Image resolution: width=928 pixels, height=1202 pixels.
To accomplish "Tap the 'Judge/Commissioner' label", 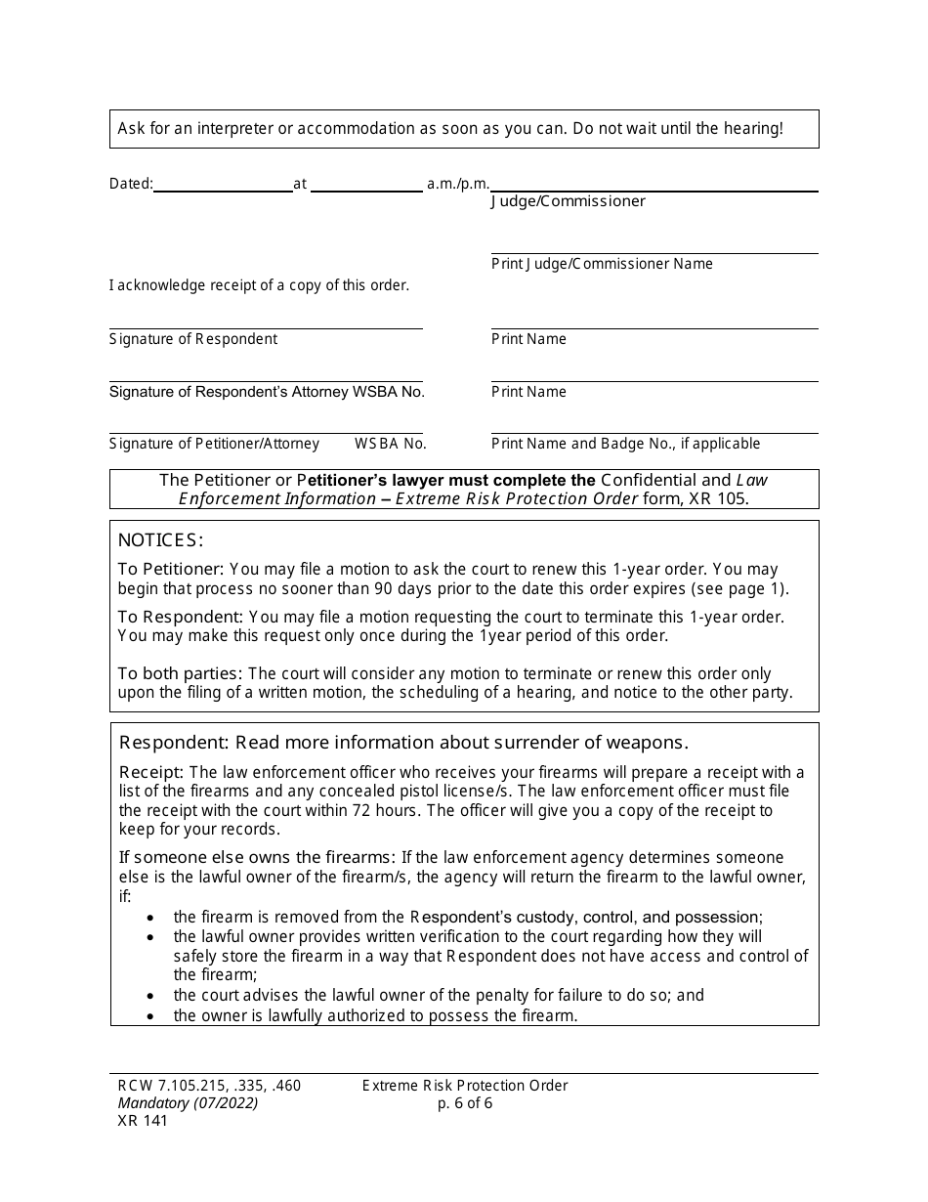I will (x=568, y=201).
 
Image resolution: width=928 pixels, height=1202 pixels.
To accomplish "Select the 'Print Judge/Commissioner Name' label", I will (x=602, y=264).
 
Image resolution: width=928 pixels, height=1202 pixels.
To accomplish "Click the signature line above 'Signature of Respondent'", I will (x=266, y=327).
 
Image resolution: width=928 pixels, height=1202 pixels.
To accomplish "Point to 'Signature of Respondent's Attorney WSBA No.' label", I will (x=267, y=392).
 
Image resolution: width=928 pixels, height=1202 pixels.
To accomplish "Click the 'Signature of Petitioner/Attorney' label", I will (x=214, y=444).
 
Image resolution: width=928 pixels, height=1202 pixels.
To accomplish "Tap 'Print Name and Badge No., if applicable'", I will (x=625, y=444).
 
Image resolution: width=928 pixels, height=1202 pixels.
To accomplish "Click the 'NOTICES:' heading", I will (x=160, y=540).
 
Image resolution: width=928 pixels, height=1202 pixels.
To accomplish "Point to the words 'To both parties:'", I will (x=181, y=673).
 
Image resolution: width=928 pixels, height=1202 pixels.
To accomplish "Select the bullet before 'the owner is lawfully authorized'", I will (x=149, y=1016).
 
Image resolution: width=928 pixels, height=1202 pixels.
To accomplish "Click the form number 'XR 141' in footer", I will (x=139, y=1121).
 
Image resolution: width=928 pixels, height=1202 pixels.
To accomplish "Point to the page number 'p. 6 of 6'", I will (x=465, y=1103).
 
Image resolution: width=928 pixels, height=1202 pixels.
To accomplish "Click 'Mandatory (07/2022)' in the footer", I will (x=184, y=1103).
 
